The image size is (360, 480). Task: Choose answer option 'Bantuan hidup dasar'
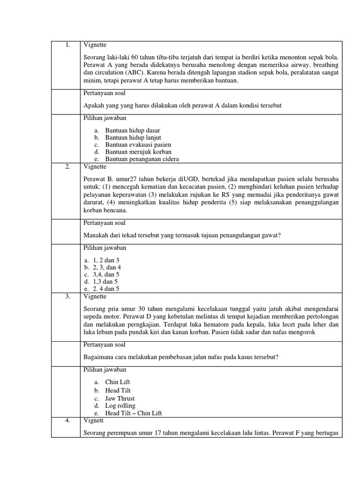pos(133,130)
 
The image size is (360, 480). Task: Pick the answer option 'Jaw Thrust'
pos(120,398)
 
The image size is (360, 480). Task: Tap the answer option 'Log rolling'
pos(120,405)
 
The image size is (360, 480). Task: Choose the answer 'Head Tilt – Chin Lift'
pos(134,413)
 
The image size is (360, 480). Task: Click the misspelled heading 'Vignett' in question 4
pos(94,420)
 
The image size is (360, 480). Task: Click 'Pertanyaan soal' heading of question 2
pos(105,223)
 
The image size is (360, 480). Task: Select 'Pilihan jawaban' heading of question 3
pos(105,370)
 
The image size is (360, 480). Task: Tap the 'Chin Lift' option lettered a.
pos(118,382)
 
